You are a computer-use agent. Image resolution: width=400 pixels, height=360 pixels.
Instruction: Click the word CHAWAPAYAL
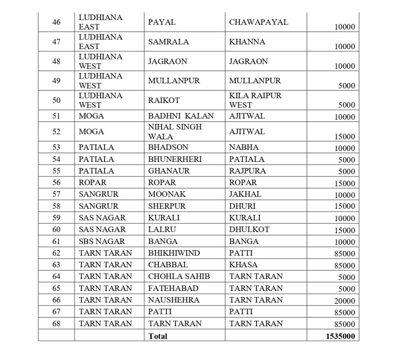point(259,22)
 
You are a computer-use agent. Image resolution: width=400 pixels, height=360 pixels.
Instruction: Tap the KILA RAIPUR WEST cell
point(255,100)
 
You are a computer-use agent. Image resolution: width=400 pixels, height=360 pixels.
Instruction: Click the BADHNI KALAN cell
point(181,116)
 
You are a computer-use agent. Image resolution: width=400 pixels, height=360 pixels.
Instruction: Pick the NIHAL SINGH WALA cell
point(175,132)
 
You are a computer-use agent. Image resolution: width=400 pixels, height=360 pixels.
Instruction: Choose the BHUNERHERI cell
point(175,159)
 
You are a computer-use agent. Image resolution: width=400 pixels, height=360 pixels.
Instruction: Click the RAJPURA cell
point(247,171)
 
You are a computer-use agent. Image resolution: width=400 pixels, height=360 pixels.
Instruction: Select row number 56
point(56,183)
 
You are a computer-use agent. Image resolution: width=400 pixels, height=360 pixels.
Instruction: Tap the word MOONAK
point(167,194)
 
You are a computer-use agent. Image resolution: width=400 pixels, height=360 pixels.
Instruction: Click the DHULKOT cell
point(249,229)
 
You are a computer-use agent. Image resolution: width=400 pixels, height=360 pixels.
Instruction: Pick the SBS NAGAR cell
point(102,241)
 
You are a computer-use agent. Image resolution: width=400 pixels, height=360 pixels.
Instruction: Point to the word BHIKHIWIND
point(174,253)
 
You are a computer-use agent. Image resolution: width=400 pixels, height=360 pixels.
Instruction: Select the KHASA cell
point(243,265)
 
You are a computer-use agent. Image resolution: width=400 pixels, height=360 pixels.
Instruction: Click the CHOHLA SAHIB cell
point(179,276)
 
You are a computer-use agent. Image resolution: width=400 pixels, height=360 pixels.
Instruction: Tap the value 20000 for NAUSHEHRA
point(345,301)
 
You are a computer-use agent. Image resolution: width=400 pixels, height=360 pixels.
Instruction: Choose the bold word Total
point(157,336)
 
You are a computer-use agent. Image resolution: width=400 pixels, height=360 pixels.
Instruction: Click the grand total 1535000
point(340,336)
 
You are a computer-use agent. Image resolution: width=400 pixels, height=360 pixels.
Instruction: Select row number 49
point(56,81)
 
